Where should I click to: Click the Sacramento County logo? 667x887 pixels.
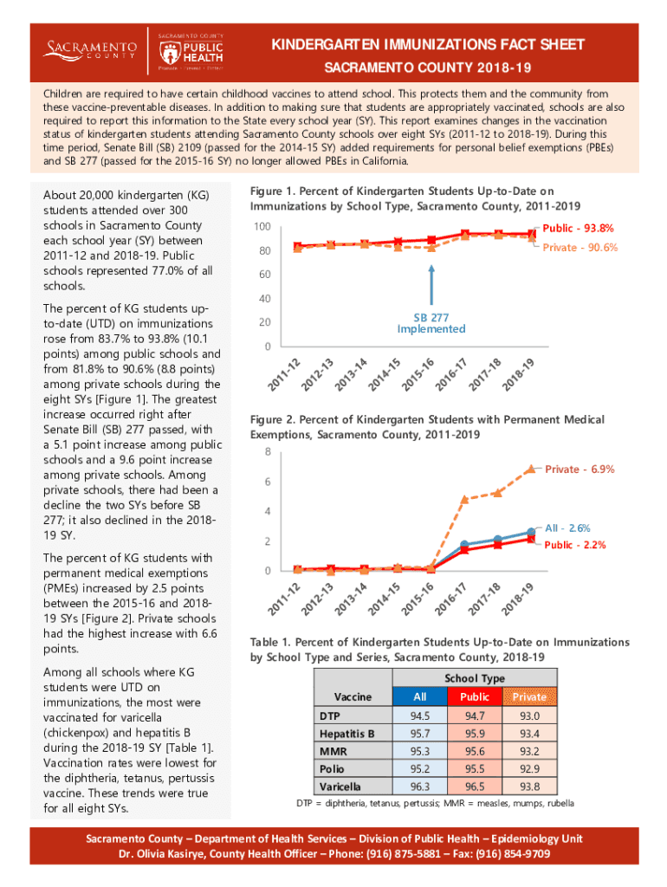[91, 49]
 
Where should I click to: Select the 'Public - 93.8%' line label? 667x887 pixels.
[580, 229]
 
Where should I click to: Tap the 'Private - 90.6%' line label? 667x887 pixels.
[580, 248]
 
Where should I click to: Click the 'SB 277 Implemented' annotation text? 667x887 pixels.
[431, 323]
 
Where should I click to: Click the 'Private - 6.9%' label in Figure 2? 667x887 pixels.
[580, 469]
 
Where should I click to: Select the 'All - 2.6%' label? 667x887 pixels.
[567, 528]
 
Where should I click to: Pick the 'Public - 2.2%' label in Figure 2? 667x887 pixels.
[574, 545]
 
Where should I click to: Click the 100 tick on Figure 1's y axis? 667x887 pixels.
[262, 227]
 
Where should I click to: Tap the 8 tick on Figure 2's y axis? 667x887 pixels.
[268, 452]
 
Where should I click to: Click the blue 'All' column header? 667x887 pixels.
[420, 696]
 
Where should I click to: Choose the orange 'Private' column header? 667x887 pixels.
[529, 696]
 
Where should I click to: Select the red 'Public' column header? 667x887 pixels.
[475, 696]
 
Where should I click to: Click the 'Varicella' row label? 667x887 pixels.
[340, 787]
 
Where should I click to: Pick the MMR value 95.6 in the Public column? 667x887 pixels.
[475, 751]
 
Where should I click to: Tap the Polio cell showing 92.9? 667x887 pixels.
[529, 768]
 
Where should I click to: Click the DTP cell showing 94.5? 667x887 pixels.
[420, 716]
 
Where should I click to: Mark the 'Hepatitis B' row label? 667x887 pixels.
[346, 734]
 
